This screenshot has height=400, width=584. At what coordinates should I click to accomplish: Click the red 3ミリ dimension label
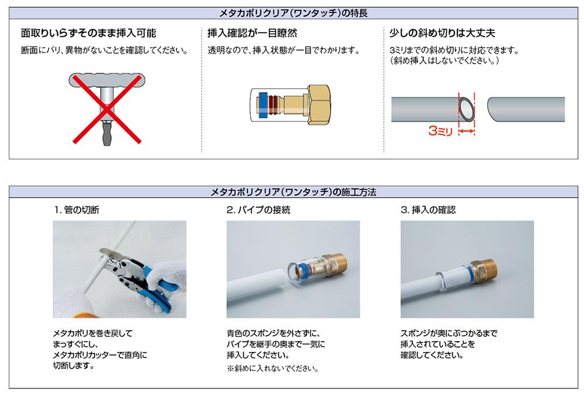tap(440, 131)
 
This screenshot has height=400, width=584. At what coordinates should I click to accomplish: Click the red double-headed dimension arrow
tap(467, 131)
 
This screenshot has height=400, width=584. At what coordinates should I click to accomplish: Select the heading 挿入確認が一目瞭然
tap(252, 33)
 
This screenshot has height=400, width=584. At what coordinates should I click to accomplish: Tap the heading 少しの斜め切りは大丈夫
tap(442, 33)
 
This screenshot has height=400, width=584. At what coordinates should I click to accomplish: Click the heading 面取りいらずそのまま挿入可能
tap(89, 33)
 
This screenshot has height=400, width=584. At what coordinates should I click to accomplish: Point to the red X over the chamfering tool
tap(107, 109)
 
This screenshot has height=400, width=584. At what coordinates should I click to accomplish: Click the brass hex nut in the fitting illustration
tap(319, 105)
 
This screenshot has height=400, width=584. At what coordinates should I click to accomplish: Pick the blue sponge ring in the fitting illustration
tap(263, 105)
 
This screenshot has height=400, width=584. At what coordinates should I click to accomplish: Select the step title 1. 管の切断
tap(77, 210)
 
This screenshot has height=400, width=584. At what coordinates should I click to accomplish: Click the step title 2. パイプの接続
tap(259, 210)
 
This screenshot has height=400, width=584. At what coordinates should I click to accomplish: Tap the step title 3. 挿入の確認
tap(428, 210)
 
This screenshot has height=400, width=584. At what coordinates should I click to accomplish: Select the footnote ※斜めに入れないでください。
tap(273, 369)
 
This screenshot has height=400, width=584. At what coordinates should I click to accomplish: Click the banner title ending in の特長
tap(293, 13)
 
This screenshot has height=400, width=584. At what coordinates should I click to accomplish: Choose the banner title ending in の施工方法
tap(293, 192)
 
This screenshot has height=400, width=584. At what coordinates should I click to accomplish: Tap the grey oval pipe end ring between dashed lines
tap(467, 109)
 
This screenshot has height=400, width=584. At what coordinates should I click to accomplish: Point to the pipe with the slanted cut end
tap(526, 109)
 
